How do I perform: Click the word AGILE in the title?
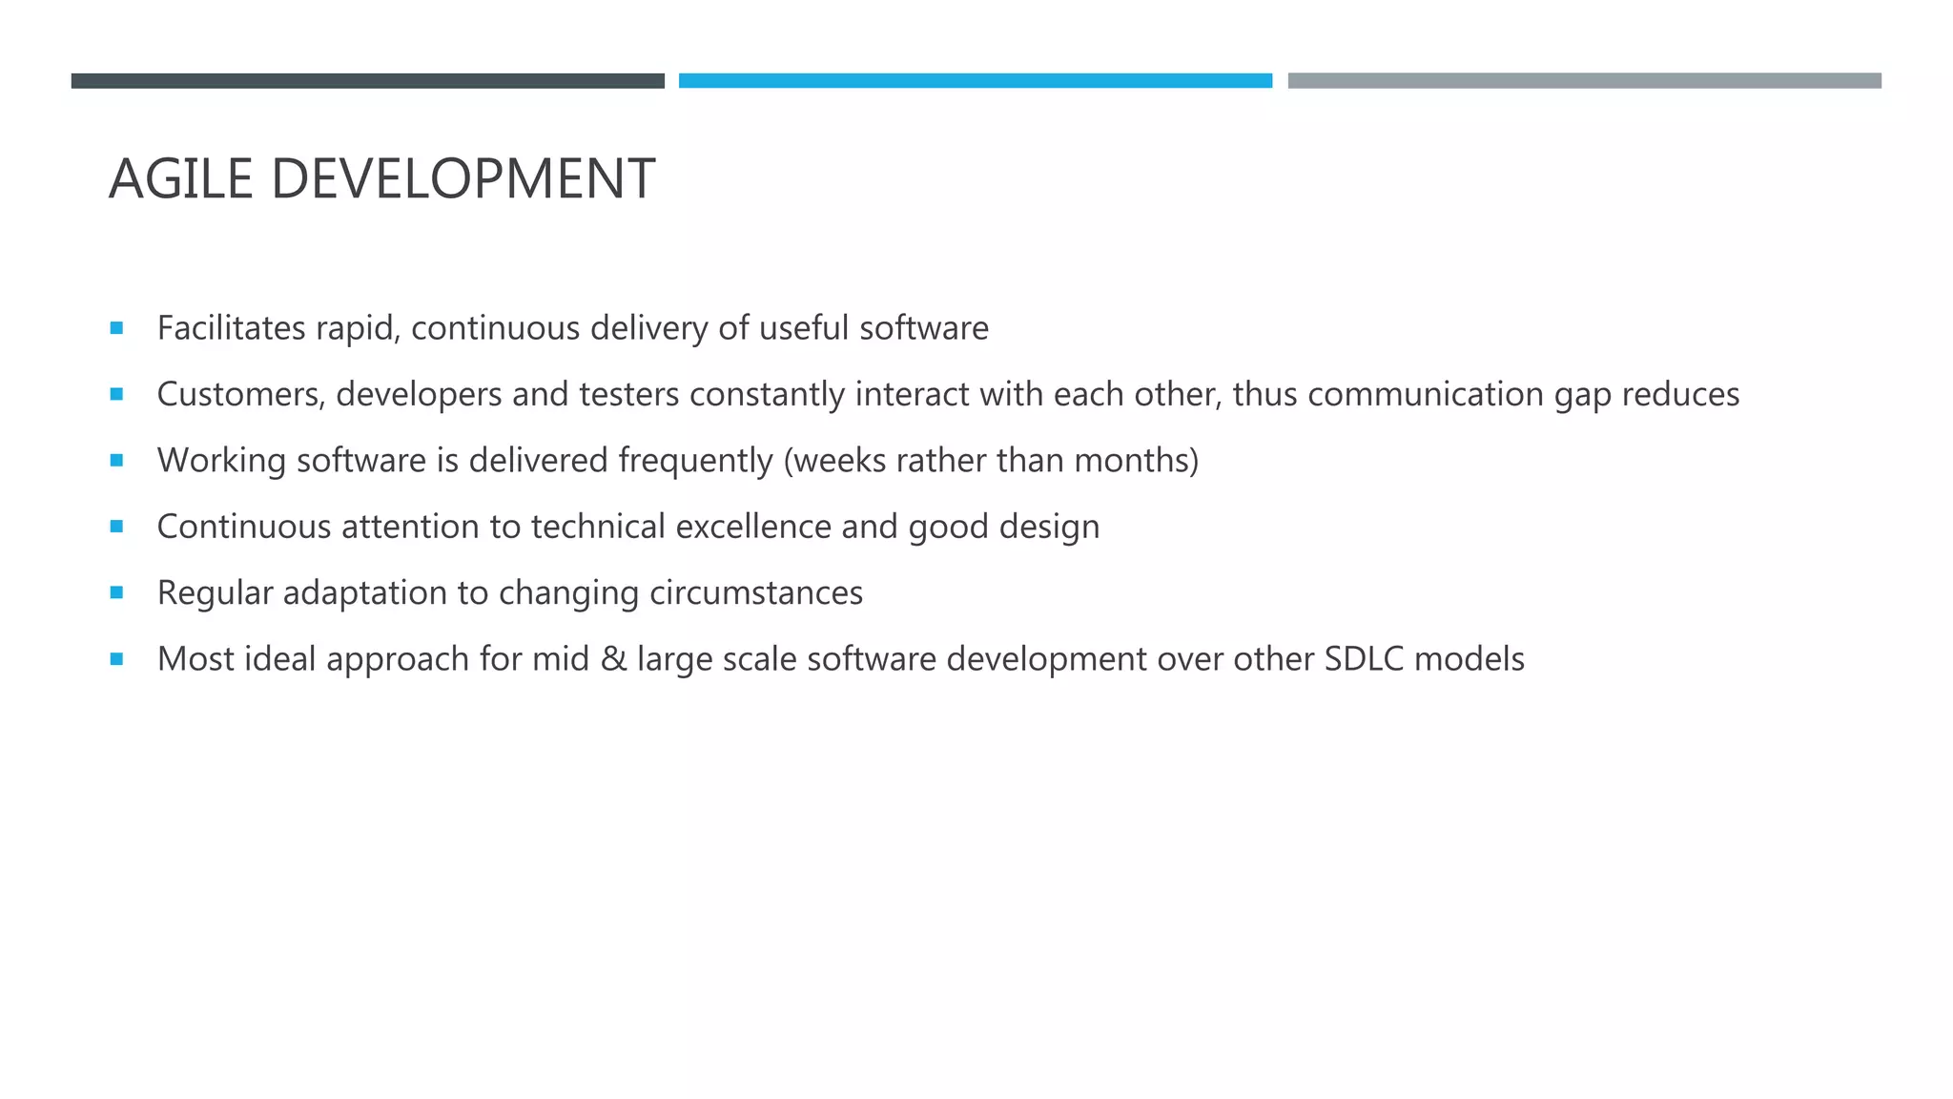pyautogui.click(x=180, y=178)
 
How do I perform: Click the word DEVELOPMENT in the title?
pyautogui.click(x=463, y=178)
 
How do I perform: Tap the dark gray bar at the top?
pyautogui.click(x=367, y=81)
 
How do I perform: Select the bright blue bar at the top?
pyautogui.click(x=975, y=81)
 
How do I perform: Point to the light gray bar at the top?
pyautogui.click(x=1584, y=81)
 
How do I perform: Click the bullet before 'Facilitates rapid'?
pyautogui.click(x=116, y=328)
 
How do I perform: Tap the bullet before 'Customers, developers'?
pyautogui.click(x=116, y=394)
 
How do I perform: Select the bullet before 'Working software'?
pyautogui.click(x=116, y=460)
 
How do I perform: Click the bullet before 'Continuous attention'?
pyautogui.click(x=116, y=526)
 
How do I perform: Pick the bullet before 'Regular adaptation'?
pyautogui.click(x=116, y=592)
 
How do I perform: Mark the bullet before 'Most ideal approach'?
pyautogui.click(x=116, y=658)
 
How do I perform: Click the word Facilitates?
pyautogui.click(x=231, y=328)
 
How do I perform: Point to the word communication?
pyautogui.click(x=1426, y=394)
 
